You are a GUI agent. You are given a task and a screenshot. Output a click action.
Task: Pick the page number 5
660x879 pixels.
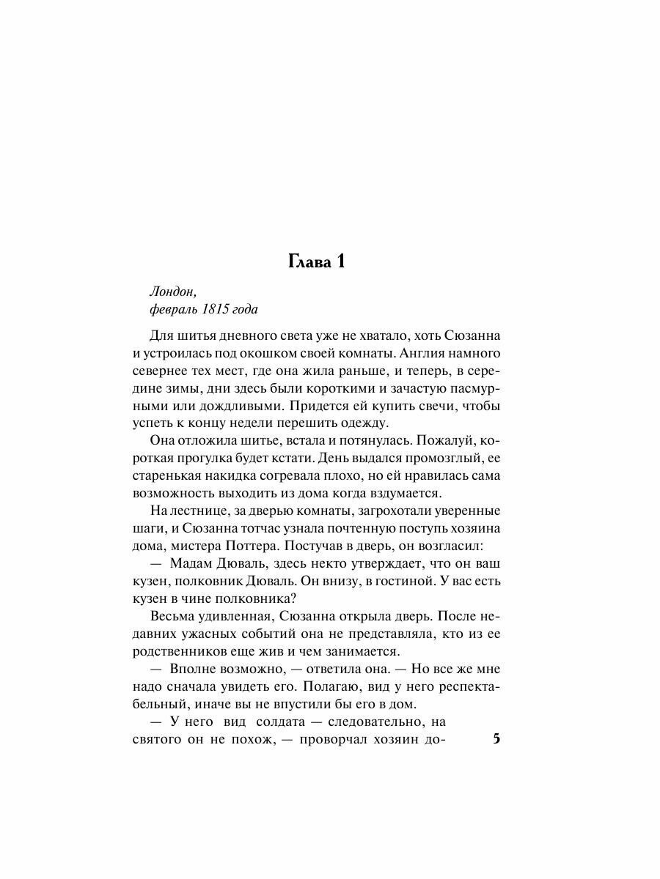point(496,739)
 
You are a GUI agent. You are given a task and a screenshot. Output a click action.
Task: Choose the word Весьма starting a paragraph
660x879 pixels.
point(172,617)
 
